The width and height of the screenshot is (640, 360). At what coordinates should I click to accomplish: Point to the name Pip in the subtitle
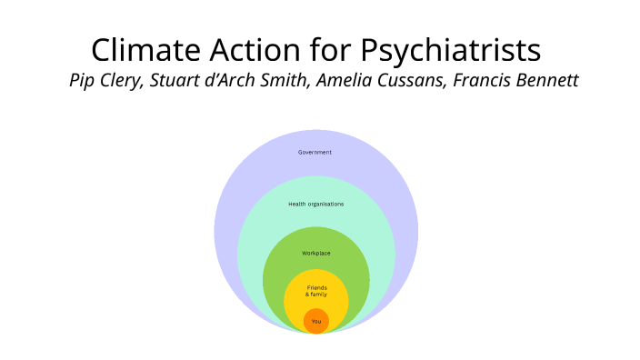tap(83, 80)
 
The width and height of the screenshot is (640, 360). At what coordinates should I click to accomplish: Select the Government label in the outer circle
tap(315, 152)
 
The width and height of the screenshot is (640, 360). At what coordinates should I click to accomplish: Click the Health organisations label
tap(315, 204)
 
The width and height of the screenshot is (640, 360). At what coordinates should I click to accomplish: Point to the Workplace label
tap(315, 252)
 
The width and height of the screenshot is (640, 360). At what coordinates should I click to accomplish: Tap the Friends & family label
tap(315, 291)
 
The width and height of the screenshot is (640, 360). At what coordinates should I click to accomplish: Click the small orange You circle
tap(315, 321)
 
